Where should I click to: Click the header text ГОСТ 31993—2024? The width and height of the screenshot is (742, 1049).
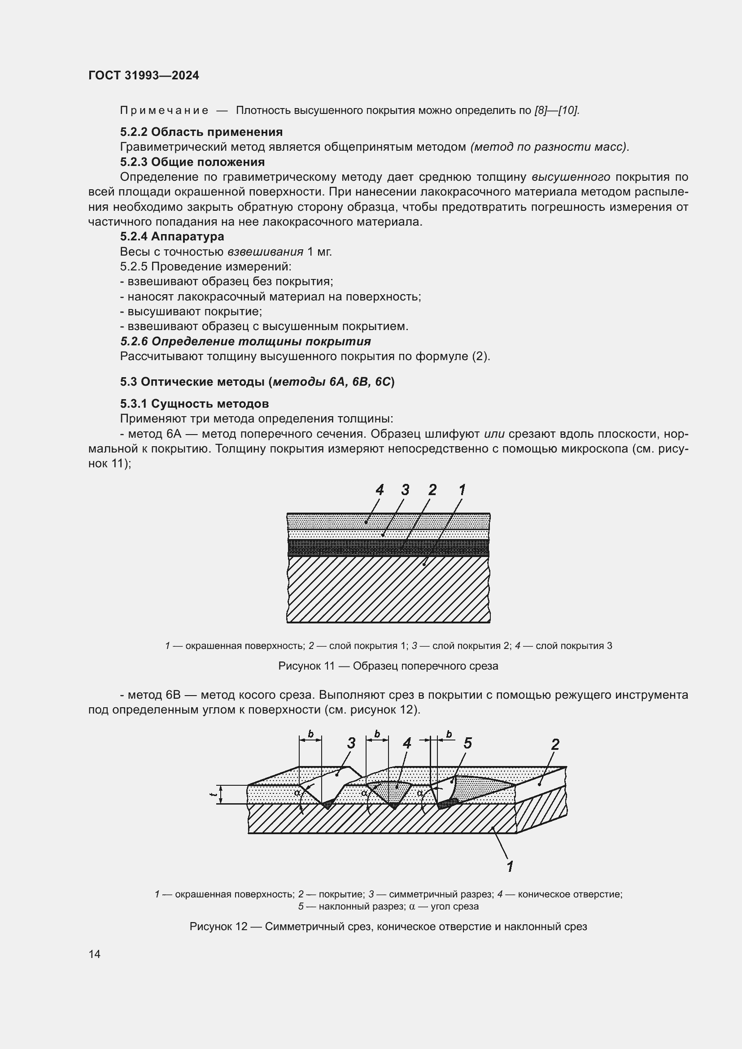coord(144,76)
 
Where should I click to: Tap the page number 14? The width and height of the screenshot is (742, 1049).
coord(95,954)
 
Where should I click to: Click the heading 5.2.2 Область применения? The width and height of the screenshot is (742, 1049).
coord(201,132)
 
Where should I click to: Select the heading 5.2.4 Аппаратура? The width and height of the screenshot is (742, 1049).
coord(172,237)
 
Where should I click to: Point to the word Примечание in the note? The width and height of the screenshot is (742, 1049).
coord(164,111)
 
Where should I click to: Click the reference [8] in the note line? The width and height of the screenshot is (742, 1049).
coord(541,111)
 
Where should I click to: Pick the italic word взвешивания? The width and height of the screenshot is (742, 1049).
coord(266,252)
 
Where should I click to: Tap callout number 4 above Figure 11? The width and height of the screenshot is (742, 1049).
coord(380,490)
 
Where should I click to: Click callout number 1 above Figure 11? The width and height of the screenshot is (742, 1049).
coord(462,490)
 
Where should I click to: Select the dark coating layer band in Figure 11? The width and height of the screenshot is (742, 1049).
coord(388,547)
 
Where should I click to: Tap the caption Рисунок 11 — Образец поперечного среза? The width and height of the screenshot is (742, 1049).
coord(388,666)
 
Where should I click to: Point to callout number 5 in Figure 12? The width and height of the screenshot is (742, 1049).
coord(467,744)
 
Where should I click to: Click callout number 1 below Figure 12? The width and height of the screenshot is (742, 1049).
coord(510,866)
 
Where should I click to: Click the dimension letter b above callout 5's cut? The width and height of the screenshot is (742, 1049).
coord(449,734)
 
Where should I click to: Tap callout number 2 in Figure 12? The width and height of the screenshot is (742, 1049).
coord(555,745)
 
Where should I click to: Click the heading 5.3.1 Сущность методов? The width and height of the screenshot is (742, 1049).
coord(194,404)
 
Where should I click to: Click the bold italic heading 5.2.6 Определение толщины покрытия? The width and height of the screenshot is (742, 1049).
coord(245,342)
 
